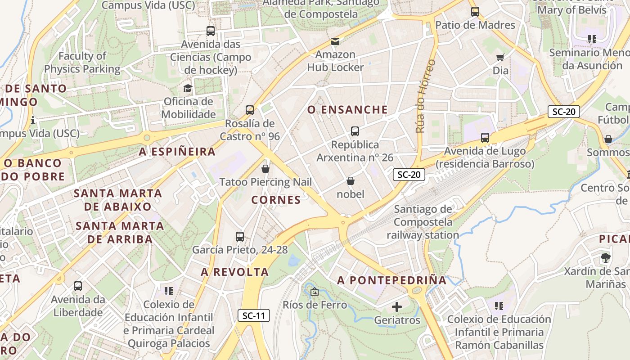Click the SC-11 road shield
coord(254,315)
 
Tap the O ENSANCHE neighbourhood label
coord(347,110)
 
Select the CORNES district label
coord(276,200)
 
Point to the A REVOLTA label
coord(235,272)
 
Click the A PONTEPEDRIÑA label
coord(392,280)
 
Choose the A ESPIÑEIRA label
coord(177,152)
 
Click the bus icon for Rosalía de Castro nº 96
coord(250,110)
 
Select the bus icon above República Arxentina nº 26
coord(355,131)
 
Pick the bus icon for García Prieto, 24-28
coord(240,236)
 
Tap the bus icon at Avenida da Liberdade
coord(78,286)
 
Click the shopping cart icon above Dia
coord(500,57)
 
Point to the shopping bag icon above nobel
coord(351,181)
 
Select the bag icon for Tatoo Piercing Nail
coord(265,169)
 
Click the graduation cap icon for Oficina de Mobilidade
coord(188,88)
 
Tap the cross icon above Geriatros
coord(396,307)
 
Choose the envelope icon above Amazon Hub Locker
coord(335,42)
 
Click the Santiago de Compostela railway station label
coord(423,222)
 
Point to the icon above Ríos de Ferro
coord(314,292)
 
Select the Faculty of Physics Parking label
coord(82,63)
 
